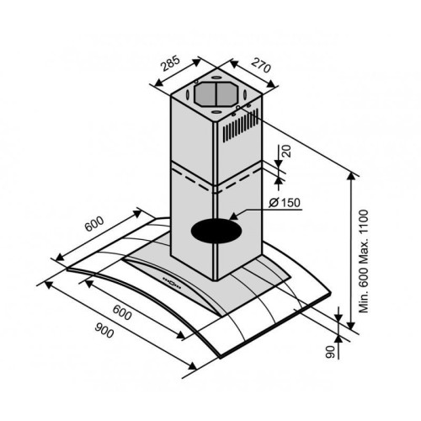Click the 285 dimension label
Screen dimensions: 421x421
(x=170, y=64)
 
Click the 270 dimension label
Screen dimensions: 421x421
(x=261, y=65)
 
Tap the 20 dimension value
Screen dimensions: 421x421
(x=287, y=152)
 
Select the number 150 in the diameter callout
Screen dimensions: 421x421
(x=290, y=202)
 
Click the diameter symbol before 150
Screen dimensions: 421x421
(x=274, y=203)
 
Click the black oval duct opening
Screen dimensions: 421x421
(x=216, y=231)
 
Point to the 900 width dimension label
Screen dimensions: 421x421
(x=104, y=330)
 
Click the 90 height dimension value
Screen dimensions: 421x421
(x=331, y=352)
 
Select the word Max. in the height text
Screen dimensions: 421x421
(x=364, y=248)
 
